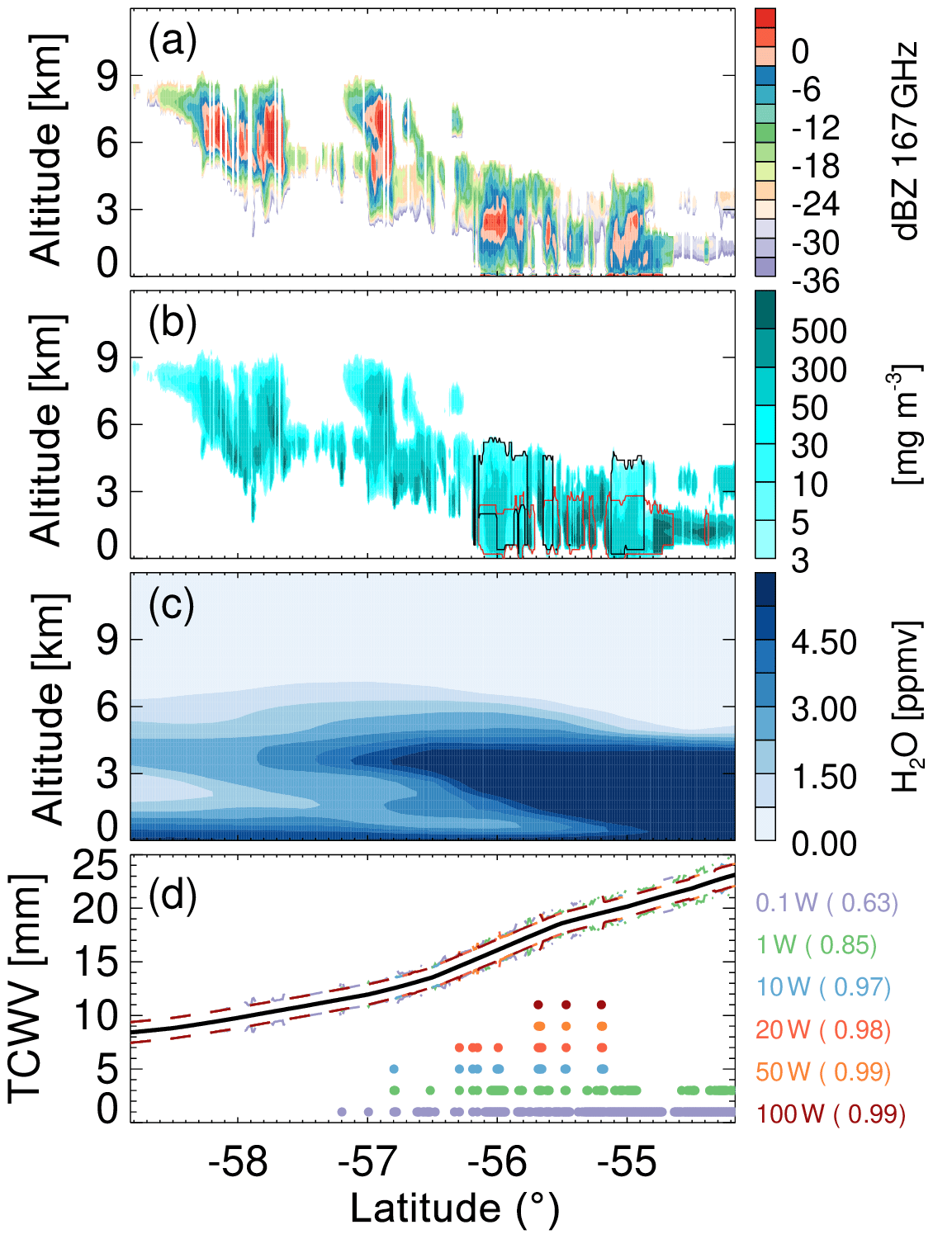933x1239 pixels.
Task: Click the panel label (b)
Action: [172, 323]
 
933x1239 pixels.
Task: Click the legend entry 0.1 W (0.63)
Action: [826, 902]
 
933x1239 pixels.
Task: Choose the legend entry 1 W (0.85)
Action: [817, 944]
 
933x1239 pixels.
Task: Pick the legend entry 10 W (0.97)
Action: [823, 986]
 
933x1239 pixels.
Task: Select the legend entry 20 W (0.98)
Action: [823, 1029]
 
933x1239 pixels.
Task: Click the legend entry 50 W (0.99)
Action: [823, 1071]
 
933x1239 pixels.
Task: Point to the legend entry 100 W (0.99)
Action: [831, 1114]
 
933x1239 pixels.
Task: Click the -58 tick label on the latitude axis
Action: [238, 1162]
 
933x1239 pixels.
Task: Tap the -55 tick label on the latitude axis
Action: [627, 1162]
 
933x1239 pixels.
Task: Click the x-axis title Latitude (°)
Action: [455, 1208]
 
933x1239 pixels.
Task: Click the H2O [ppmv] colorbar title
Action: [907, 706]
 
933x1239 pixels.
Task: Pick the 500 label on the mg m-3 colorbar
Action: [818, 331]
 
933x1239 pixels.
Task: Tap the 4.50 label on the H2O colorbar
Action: [823, 642]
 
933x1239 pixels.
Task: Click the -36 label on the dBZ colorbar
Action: [816, 281]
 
